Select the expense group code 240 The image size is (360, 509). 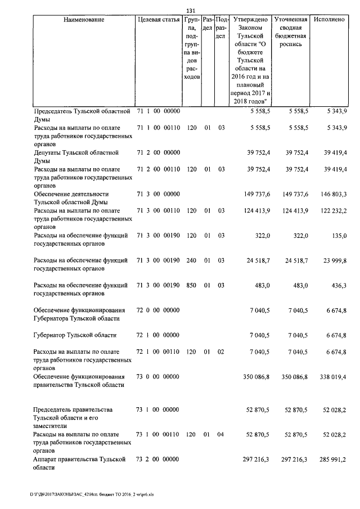(191, 260)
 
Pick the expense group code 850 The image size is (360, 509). (191, 286)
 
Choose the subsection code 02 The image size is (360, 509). (221, 352)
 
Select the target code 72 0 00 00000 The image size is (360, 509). (158, 309)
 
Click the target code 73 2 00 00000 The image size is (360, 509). (158, 460)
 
